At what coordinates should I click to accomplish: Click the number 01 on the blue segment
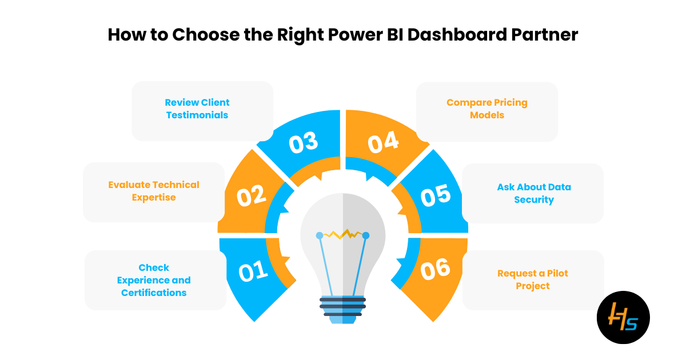pos(253,271)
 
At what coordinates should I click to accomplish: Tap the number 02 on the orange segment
pos(251,195)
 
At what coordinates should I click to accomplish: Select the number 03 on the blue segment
pos(304,142)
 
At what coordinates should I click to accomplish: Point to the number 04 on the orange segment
pos(383,142)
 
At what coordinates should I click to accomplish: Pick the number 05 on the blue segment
pos(436,195)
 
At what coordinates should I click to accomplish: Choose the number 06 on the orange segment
pos(435,269)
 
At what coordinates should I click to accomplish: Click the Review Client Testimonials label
pos(197,109)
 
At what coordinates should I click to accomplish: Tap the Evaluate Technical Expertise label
pos(154,191)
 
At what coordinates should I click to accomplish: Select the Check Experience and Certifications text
pos(154,280)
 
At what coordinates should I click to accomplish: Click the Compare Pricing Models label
pos(487,109)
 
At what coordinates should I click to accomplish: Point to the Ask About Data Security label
pos(534,193)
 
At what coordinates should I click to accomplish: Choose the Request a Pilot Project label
pos(533,279)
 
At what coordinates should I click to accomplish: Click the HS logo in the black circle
pos(623,317)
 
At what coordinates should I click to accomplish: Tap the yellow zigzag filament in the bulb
pos(342,234)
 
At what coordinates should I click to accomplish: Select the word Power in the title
pos(355,34)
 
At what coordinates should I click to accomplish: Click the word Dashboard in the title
pos(457,34)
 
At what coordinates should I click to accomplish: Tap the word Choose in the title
pos(206,34)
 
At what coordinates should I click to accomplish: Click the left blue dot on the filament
pos(320,235)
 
